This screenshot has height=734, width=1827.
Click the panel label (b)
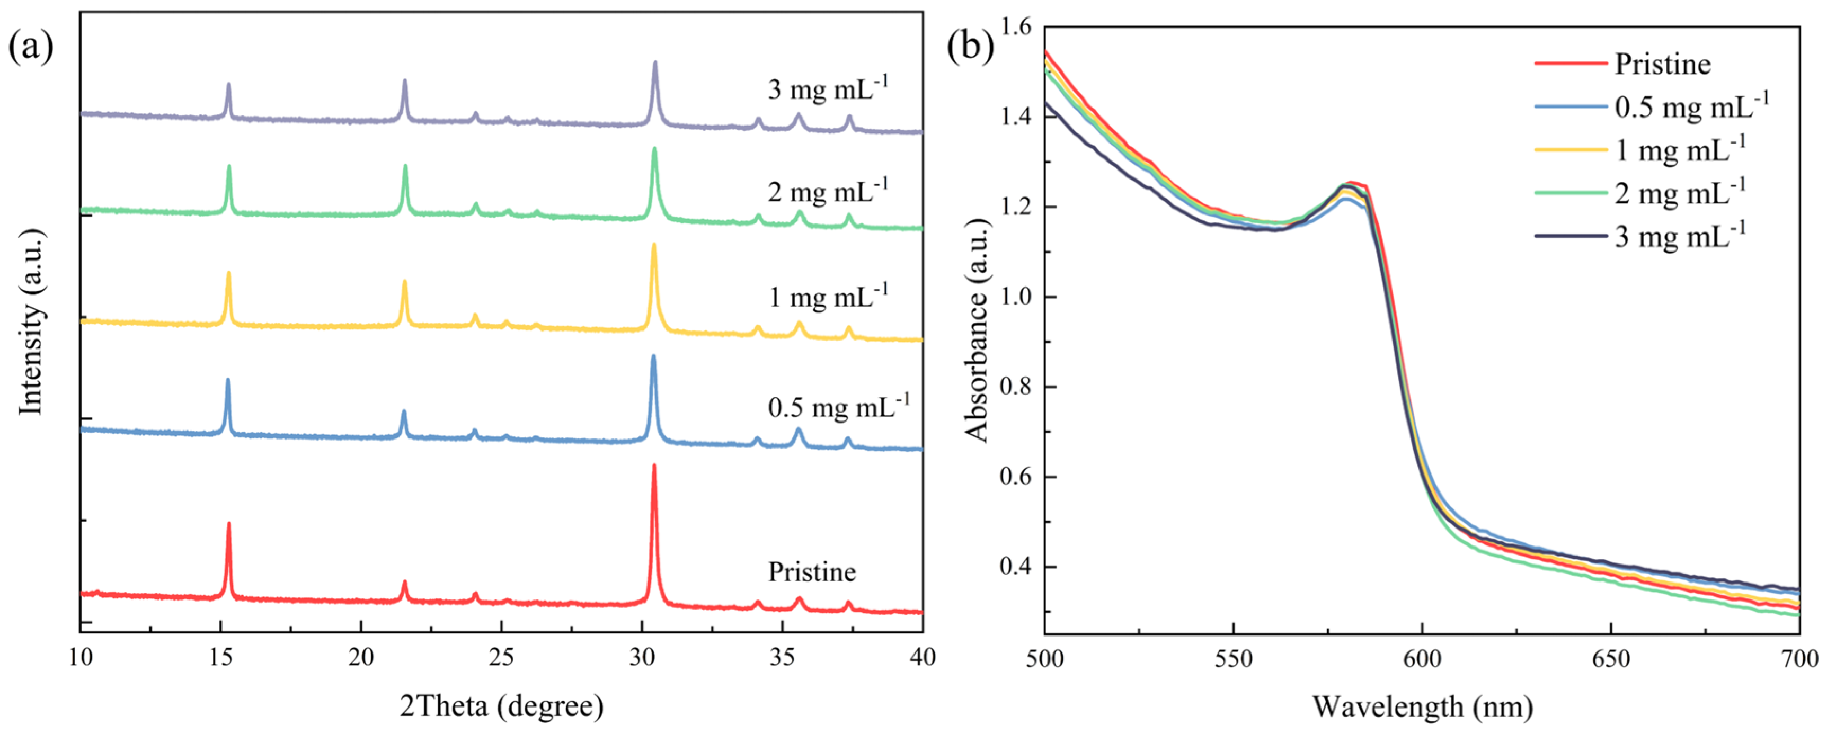point(970,48)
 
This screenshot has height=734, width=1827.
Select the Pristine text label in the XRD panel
point(812,571)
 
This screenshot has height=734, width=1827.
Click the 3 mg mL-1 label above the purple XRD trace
point(828,88)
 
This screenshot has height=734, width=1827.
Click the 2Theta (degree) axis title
point(501,705)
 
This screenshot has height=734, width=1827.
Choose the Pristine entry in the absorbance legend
point(1662,64)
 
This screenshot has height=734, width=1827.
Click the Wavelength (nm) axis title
point(1422,706)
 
